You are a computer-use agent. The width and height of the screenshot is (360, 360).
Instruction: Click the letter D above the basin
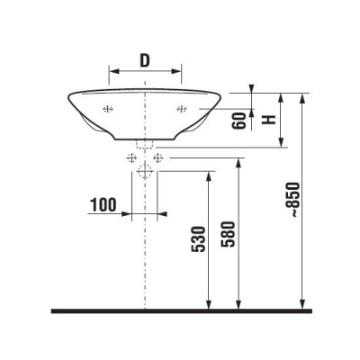click(145, 60)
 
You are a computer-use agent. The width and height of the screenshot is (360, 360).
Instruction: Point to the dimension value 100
click(103, 205)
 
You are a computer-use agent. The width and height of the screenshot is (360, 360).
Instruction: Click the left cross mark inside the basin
click(108, 110)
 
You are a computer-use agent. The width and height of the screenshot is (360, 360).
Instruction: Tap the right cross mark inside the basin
click(181, 110)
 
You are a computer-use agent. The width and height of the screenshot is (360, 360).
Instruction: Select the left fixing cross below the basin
click(132, 158)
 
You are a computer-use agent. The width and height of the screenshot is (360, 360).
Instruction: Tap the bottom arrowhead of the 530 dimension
click(210, 304)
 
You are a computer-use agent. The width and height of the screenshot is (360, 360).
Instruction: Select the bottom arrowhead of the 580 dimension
click(239, 304)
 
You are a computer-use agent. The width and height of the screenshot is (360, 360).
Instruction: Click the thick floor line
click(180, 310)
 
